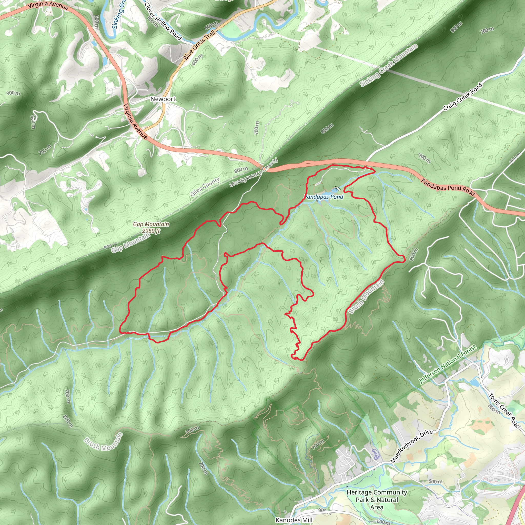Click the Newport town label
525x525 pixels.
(x=163, y=99)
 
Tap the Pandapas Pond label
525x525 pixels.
(x=324, y=197)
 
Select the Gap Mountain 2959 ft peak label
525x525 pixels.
(x=151, y=227)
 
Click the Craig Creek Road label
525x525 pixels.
(x=462, y=97)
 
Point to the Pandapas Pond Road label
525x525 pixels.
(x=448, y=187)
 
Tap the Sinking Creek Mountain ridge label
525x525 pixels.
(x=389, y=65)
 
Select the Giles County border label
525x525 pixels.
(x=205, y=187)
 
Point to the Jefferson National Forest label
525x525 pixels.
(x=448, y=364)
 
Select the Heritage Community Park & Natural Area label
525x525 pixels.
(x=377, y=500)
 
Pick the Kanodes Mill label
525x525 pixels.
(x=295, y=520)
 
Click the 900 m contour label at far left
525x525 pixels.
(x=13, y=93)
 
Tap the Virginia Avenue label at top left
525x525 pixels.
(x=48, y=5)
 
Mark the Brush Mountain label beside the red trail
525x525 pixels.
(x=367, y=297)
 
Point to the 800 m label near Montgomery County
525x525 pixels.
(x=241, y=170)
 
